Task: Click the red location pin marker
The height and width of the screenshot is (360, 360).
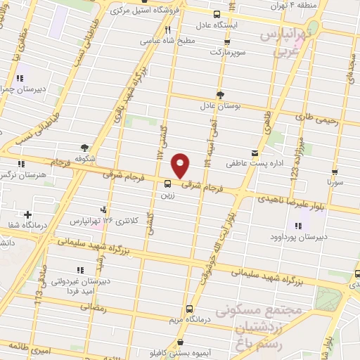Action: [x=181, y=165]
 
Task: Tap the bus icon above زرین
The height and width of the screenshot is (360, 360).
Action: [x=167, y=184]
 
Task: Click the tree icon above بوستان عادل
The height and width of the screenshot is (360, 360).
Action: [x=220, y=94]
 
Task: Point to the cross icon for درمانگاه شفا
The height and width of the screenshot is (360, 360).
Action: [x=27, y=214]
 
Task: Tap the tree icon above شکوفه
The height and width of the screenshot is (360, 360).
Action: [x=84, y=148]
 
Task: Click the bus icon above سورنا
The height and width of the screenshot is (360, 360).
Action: [x=335, y=170]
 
